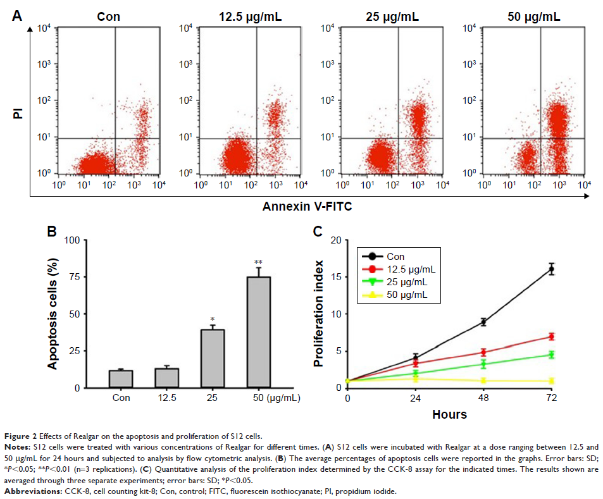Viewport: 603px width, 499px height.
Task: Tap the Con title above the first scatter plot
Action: coord(109,15)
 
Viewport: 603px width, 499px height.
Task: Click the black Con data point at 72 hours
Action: coord(551,269)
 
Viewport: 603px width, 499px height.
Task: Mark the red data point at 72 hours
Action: coord(551,336)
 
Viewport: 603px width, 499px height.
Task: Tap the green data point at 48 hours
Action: coord(483,364)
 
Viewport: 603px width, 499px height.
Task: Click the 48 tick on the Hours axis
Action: coord(483,398)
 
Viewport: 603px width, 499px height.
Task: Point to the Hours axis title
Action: coord(449,415)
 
